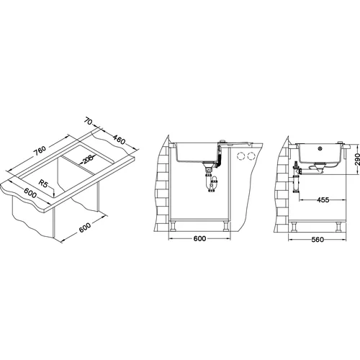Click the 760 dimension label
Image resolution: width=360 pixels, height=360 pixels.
click(x=40, y=150)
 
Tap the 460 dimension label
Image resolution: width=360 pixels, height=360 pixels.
click(x=119, y=140)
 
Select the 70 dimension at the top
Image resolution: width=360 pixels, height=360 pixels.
click(x=88, y=121)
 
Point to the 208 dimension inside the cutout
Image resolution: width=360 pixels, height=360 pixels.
click(x=87, y=159)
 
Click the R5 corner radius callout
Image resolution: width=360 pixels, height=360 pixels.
click(x=43, y=184)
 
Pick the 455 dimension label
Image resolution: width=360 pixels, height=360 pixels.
click(x=323, y=199)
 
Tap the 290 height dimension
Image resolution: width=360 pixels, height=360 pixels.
click(x=357, y=159)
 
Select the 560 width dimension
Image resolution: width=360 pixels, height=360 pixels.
click(x=318, y=240)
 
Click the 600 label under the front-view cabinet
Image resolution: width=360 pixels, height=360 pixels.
click(x=199, y=238)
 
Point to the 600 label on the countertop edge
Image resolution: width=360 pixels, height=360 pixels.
click(x=30, y=193)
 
